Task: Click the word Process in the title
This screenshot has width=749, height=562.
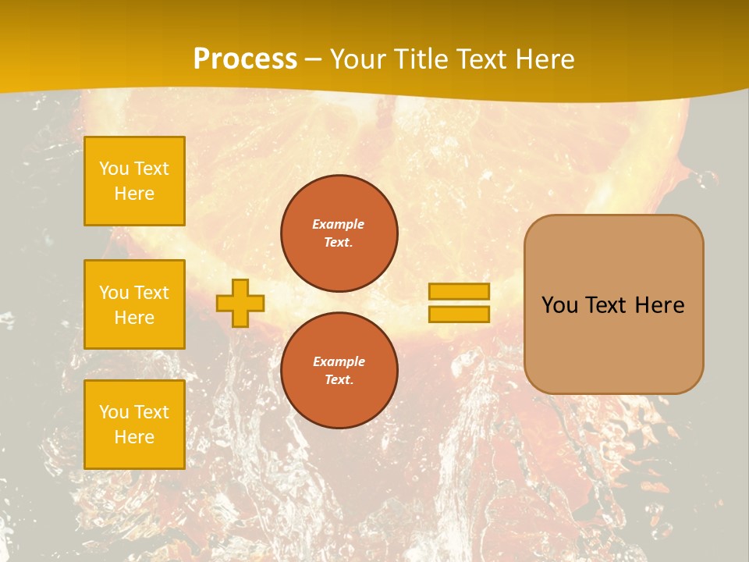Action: point(245,59)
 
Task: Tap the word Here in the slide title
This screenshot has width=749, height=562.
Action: point(542,59)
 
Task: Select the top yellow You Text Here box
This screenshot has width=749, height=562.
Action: point(134,181)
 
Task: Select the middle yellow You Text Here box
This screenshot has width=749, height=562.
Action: point(134,304)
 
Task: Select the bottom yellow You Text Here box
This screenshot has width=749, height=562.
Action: point(134,425)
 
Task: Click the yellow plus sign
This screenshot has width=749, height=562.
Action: point(240,303)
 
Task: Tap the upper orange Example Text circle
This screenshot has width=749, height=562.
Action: point(339,233)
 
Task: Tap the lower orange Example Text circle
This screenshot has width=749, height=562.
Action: point(339,371)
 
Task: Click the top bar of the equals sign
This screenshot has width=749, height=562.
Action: point(459,291)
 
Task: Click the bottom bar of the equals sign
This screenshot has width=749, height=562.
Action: point(459,314)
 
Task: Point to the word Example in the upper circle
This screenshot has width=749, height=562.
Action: point(339,224)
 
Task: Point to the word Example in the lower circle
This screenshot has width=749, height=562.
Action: point(339,361)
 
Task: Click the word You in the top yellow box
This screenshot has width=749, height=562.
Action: point(113,169)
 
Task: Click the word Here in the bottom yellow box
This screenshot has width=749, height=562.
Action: point(134,437)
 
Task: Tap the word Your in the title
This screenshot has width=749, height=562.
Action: point(356,59)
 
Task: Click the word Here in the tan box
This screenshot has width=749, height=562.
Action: point(659,305)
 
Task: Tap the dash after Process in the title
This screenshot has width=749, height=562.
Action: point(314,59)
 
